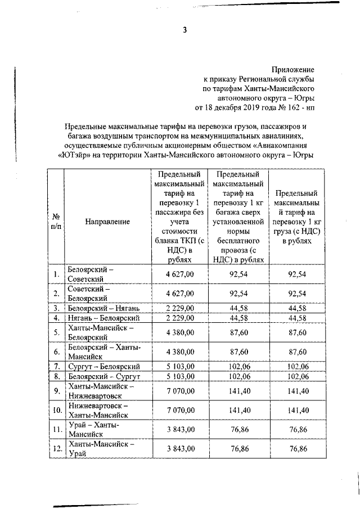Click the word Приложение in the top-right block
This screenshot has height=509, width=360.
tap(292, 69)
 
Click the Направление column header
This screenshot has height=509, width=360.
tap(107, 222)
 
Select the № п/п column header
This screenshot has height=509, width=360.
tap(56, 222)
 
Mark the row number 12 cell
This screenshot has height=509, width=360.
tap(56, 449)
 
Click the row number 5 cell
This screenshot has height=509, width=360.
tap(56, 332)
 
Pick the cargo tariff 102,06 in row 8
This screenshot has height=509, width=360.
tap(296, 376)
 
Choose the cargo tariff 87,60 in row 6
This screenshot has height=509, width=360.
tap(296, 352)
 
